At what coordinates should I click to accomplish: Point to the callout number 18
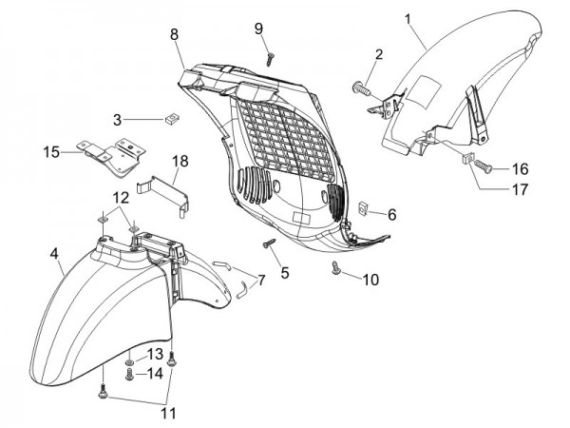pos(180,162)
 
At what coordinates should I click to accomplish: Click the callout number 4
pos(55,254)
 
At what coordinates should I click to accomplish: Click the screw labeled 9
pos(270,57)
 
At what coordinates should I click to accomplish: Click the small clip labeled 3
pos(172,119)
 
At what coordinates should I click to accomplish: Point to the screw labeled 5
pos(270,245)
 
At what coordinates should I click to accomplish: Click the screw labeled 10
pos(335,271)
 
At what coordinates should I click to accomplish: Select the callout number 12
pos(122,197)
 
